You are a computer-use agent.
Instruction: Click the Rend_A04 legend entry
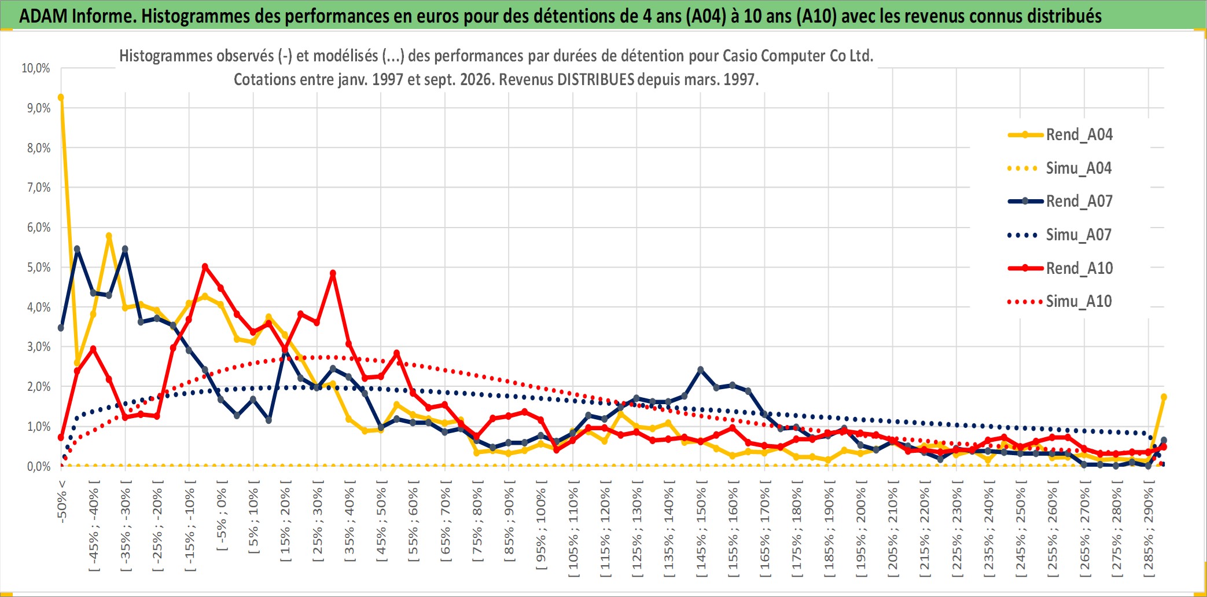1060,134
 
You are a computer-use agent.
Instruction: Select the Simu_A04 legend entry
1060,168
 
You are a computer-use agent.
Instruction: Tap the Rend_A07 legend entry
1060,201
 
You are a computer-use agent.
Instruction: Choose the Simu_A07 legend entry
1060,235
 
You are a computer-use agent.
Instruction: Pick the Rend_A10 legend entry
1060,268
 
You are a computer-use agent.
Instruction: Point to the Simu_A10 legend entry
1060,301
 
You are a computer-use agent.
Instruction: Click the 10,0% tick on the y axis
36,68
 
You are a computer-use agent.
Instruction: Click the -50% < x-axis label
62,501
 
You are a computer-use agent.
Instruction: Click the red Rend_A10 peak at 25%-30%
333,273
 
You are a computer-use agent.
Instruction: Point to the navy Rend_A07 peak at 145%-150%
701,369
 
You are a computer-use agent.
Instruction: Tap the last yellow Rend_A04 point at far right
1164,397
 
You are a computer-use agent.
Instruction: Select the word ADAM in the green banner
43,16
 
